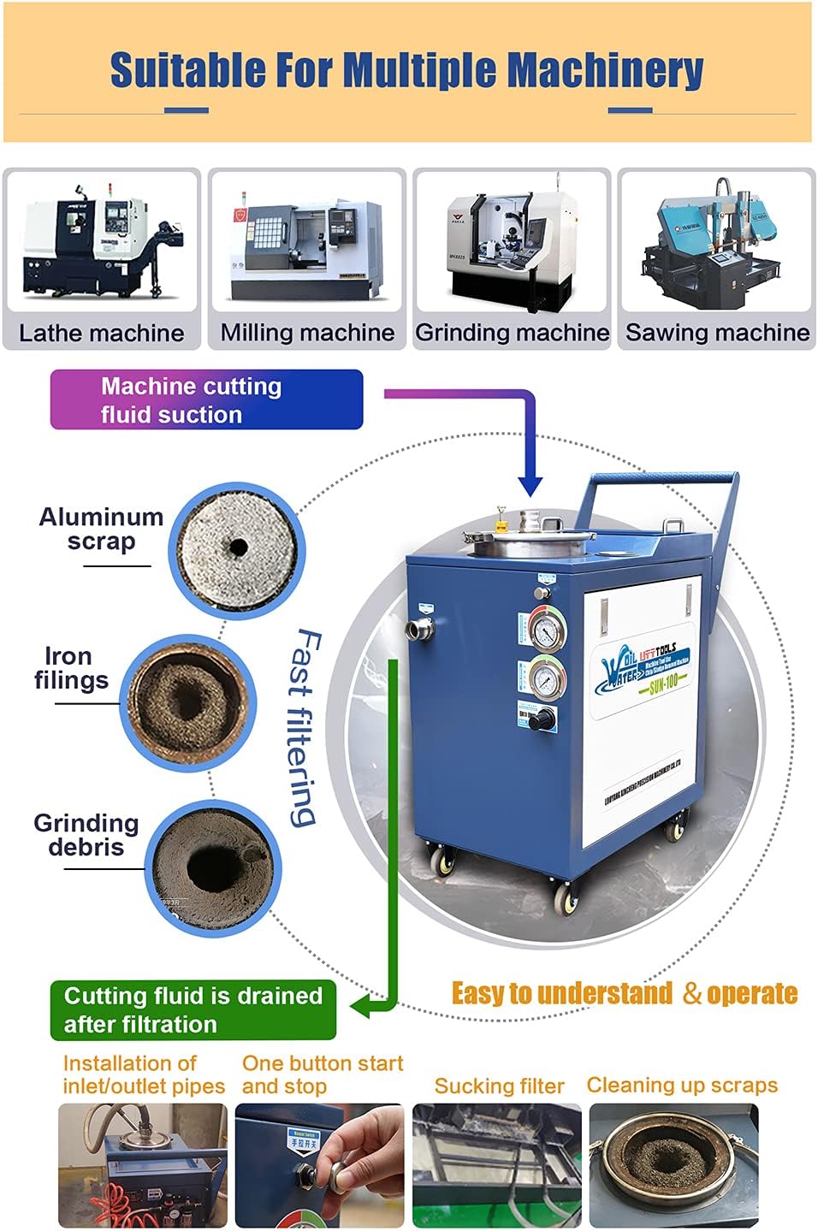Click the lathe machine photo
101,242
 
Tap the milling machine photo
307,242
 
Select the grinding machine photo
512,242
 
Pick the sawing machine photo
717,242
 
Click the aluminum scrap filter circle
237,547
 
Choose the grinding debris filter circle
212,868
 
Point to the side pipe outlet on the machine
419,630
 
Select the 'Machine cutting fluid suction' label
206,399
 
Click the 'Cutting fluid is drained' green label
193,1009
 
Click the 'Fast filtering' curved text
304,727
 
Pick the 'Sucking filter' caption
499,1086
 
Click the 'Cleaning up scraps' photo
673,1164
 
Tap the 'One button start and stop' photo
319,1164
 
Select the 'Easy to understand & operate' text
625,993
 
